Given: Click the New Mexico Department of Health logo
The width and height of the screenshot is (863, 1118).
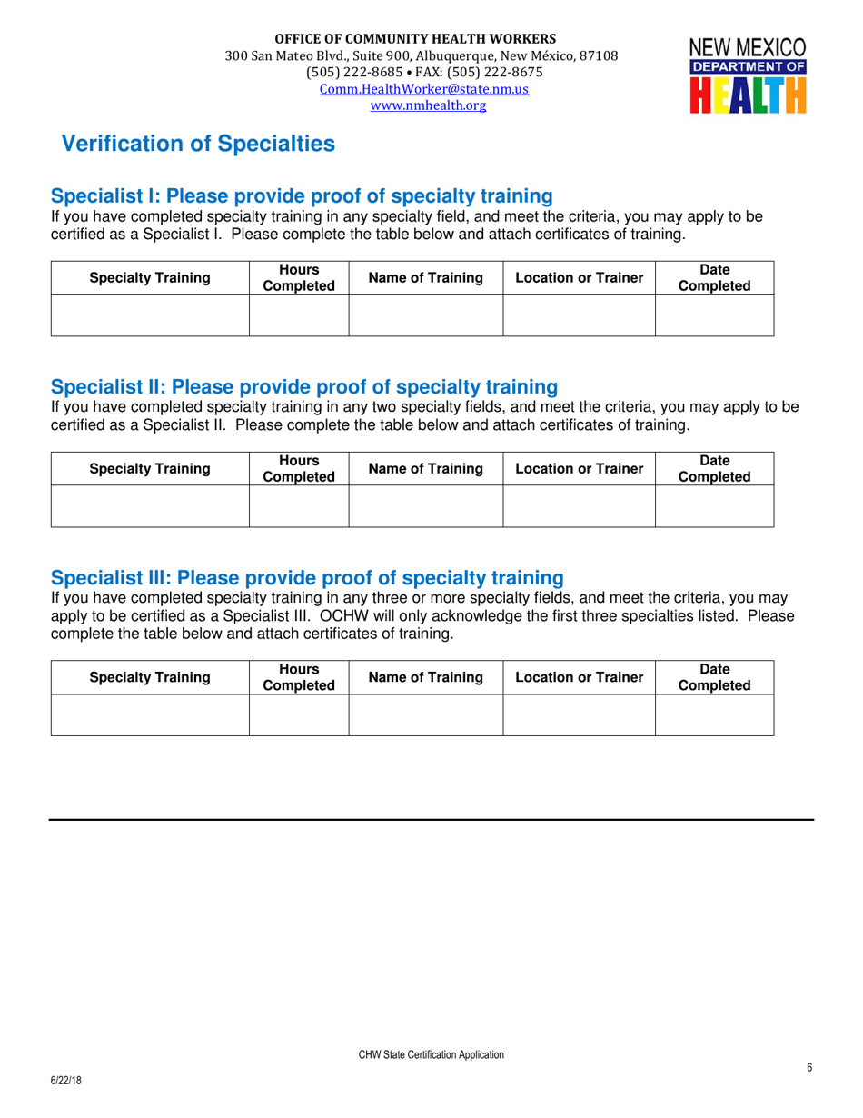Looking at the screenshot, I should point(748,75).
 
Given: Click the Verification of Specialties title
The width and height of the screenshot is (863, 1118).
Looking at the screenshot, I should point(197,144).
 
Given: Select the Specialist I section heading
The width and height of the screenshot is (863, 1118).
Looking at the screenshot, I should point(302,196).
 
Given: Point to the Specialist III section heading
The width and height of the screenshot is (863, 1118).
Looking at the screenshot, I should point(307,578).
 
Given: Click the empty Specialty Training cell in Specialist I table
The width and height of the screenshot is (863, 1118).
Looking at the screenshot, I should point(150,315).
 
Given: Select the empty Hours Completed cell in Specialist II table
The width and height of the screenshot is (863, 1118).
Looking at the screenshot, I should point(299,506).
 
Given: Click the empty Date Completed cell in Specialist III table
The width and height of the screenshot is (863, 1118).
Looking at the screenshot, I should point(714,714).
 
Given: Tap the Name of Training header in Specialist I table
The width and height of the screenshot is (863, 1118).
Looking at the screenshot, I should point(425,278).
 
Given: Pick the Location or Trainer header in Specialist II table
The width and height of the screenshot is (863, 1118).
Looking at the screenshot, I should point(579,469).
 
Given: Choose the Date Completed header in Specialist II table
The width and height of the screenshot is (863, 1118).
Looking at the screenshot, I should point(714,469).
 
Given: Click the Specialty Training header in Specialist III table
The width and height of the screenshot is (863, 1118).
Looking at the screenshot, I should point(150,677).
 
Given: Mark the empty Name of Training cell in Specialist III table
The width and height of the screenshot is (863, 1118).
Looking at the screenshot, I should point(425,714).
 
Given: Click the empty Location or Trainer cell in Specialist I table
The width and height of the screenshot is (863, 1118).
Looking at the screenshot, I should point(579,315).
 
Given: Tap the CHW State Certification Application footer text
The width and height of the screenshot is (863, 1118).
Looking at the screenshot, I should point(431,1054).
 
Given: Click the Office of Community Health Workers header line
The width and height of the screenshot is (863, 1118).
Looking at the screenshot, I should point(416,39).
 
